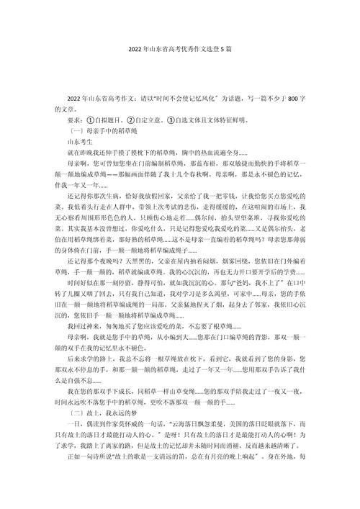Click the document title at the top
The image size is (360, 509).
pyautogui.click(x=180, y=53)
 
